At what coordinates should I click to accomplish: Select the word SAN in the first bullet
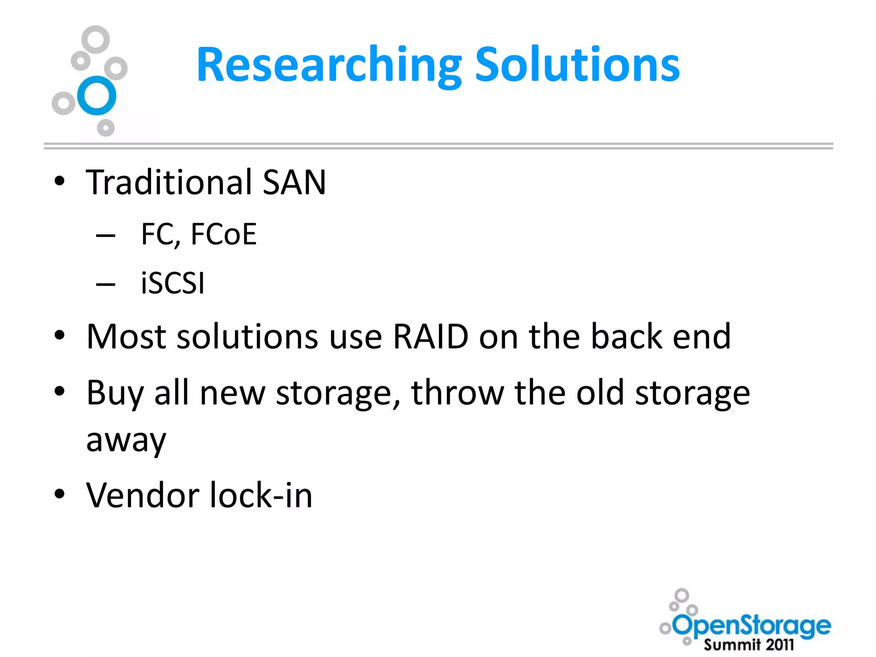294,182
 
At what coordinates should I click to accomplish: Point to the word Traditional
169,182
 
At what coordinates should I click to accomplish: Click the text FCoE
223,234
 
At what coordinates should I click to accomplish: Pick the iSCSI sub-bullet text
173,283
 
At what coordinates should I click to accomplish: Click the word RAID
430,337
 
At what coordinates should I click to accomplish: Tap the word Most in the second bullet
126,337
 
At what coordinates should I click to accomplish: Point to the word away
126,441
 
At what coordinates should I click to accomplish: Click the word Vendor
142,495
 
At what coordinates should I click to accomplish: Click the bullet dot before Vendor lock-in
59,494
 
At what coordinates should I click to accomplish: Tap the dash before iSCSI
106,284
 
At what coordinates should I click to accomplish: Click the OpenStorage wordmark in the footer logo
752,626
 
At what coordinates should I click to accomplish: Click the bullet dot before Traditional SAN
59,181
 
